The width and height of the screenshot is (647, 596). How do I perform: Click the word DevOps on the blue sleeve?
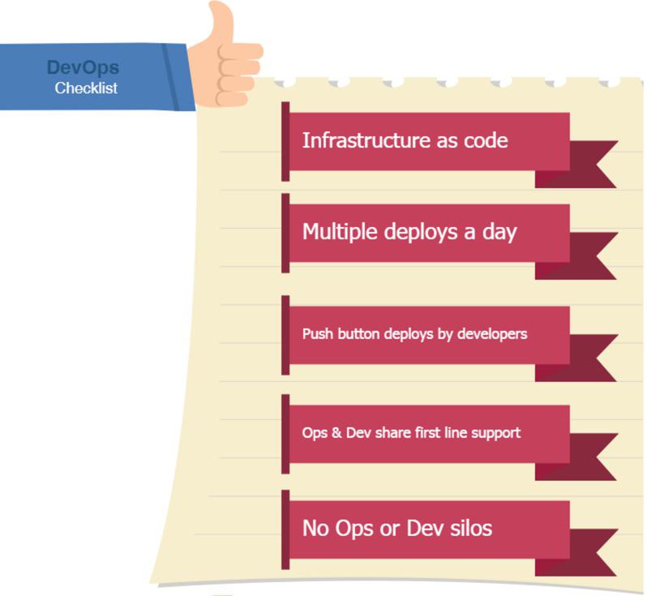click(x=83, y=68)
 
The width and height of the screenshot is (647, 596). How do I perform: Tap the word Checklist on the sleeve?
click(x=86, y=88)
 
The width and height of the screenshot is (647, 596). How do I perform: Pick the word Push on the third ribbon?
click(x=316, y=333)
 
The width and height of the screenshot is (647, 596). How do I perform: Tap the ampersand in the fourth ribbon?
click(x=335, y=432)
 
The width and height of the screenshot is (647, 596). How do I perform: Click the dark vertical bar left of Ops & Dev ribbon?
click(x=285, y=434)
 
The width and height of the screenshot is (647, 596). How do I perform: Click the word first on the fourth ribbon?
click(x=422, y=432)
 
